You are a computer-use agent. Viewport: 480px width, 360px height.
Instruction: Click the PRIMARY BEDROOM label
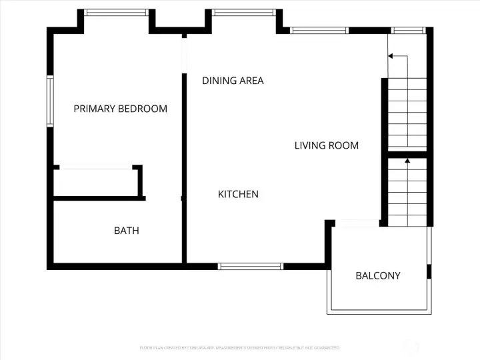(x=120, y=109)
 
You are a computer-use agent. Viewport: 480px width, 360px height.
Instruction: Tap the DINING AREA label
(x=233, y=81)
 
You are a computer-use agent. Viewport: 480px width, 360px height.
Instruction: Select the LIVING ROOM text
(x=327, y=145)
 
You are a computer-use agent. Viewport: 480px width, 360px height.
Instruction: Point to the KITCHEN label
(x=238, y=194)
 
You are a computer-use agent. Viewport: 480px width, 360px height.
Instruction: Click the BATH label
(x=127, y=231)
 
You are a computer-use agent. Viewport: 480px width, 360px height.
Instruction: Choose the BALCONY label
(x=378, y=275)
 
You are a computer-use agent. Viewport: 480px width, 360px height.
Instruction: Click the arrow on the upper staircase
(x=391, y=57)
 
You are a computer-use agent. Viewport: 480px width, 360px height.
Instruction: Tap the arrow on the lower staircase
(x=407, y=161)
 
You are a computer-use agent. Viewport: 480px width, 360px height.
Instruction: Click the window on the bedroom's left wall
(x=49, y=101)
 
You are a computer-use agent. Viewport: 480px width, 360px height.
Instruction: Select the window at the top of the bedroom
(x=116, y=12)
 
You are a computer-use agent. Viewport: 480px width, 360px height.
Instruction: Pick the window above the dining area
(x=243, y=12)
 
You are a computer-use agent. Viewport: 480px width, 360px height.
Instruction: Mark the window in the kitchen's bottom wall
(x=251, y=266)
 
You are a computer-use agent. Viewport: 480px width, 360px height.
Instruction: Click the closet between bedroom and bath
(x=97, y=182)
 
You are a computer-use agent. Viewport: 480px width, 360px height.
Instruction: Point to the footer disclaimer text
(x=240, y=347)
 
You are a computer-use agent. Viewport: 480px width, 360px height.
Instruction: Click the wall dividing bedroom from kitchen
(x=183, y=167)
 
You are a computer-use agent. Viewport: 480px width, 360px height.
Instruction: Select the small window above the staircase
(x=409, y=30)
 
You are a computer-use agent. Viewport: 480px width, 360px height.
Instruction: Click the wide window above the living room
(x=320, y=30)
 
